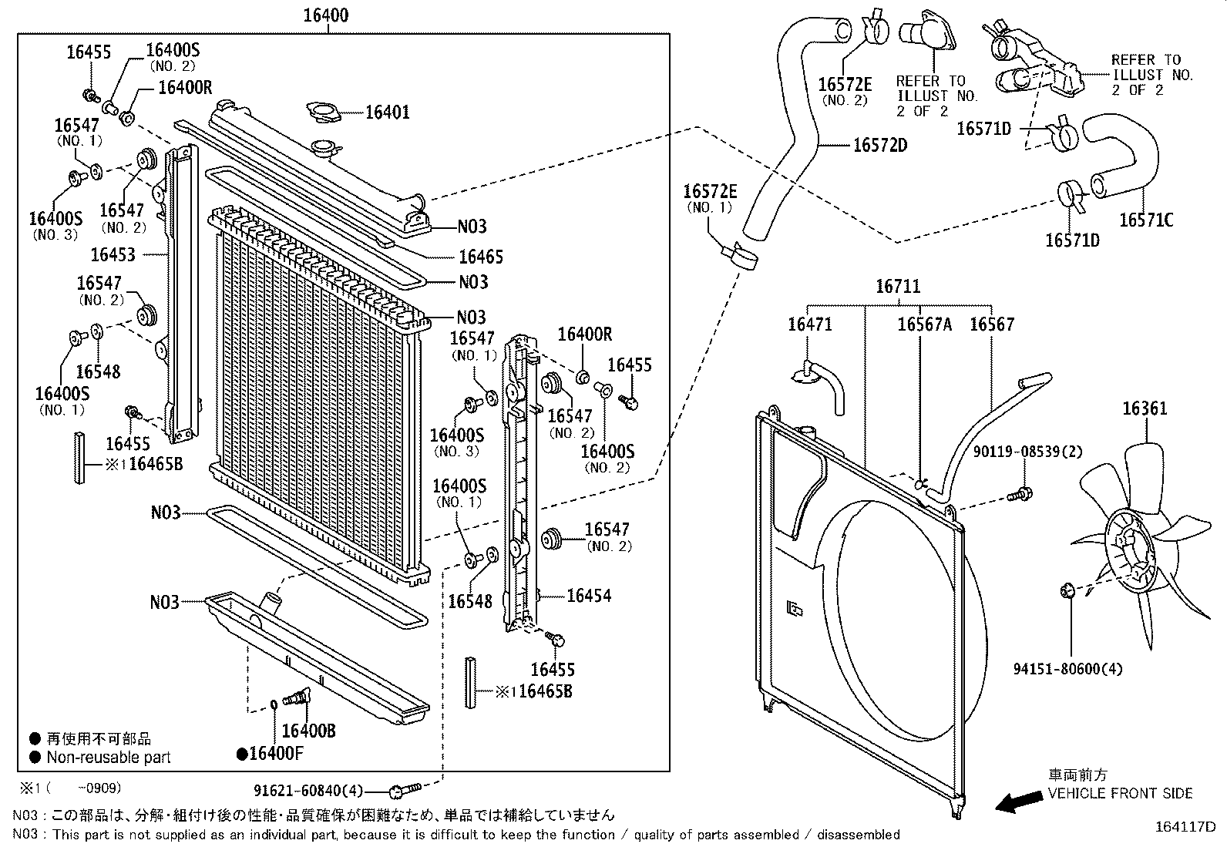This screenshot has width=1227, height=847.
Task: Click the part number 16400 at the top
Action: pos(327,15)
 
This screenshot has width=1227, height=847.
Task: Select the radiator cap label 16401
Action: pos(387,113)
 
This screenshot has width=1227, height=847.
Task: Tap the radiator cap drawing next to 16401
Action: pos(324,112)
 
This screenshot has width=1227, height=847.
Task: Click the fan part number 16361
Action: pos(1144,408)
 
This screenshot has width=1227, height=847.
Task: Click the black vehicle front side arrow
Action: pos(1017,803)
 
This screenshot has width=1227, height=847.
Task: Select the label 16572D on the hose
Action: pos(880,145)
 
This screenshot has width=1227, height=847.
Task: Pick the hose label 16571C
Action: pos(1145,220)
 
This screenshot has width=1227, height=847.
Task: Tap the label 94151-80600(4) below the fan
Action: pos(1067,669)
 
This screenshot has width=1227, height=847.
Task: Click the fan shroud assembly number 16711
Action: pos(897,287)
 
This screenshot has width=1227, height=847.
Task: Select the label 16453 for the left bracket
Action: pos(113,254)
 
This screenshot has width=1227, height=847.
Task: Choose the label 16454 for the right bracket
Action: pos(589,595)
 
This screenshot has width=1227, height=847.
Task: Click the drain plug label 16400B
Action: pos(308,731)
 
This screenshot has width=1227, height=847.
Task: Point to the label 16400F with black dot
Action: pos(271,754)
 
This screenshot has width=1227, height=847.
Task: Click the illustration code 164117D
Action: pos(1184,827)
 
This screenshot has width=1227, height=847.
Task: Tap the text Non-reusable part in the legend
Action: pos(109,758)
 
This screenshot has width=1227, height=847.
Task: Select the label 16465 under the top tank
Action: pos(480,257)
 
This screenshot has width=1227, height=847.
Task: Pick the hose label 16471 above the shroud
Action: pos(809,324)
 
